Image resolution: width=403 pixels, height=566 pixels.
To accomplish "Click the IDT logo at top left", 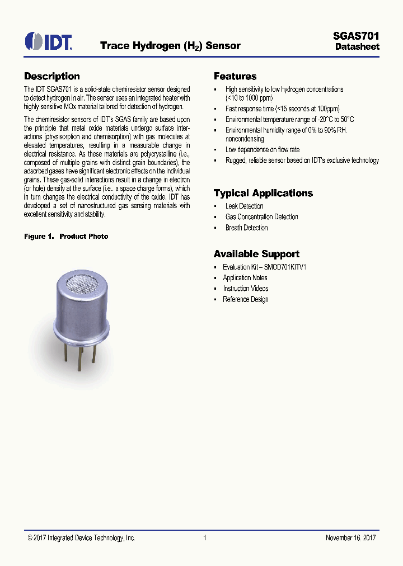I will tap(48, 41).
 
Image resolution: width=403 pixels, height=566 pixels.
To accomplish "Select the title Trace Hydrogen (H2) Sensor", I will tap(170, 46).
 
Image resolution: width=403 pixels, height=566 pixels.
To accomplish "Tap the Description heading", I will tap(52, 77).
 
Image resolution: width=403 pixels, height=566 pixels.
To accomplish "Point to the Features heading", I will tap(235, 77).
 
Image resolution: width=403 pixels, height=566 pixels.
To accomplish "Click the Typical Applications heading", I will tap(263, 194).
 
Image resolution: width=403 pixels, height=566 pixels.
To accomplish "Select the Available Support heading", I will tap(256, 254).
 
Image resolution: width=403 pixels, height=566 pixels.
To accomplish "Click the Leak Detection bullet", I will tap(244, 206).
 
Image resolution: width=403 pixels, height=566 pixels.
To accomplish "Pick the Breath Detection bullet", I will tap(246, 228).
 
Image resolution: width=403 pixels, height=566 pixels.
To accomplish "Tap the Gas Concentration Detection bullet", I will tap(261, 217).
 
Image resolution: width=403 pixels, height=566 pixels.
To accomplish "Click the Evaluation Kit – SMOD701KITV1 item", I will tap(264, 267).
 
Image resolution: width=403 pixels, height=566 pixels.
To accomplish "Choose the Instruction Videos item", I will tap(245, 289).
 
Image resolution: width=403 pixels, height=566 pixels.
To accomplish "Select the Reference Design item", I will tap(245, 299).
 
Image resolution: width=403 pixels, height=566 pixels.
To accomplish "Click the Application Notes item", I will tap(245, 278).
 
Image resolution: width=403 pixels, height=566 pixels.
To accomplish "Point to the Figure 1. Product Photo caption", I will tap(66, 237).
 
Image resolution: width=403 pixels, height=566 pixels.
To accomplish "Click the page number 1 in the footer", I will tap(205, 538).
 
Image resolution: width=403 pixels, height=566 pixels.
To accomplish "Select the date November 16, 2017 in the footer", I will tap(350, 538).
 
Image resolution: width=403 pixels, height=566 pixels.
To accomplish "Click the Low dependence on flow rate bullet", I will tap(262, 150).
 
